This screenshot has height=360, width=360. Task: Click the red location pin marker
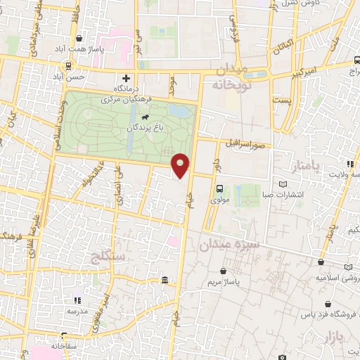pos(181,166)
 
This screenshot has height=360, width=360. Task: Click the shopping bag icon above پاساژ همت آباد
pos(78,39)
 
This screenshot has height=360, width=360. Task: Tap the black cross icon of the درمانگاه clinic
pos(126,78)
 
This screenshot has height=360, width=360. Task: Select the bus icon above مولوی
pos(220,188)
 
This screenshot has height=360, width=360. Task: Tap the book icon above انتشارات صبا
pos(283,184)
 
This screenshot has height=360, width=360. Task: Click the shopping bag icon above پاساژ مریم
pos(224,271)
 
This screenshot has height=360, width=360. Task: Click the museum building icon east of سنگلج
pos(165,281)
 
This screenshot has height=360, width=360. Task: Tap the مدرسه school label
pos(77,310)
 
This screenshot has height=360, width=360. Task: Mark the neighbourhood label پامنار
pos(304,166)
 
